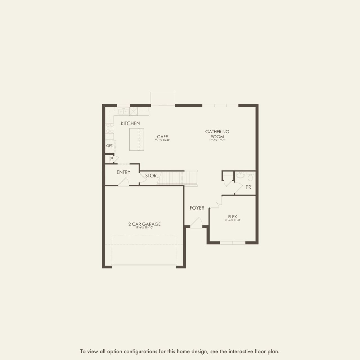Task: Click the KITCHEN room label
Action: [130, 123]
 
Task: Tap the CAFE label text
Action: [163, 137]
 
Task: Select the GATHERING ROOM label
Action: [217, 134]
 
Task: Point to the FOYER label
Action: [197, 208]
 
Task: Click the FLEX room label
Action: [233, 217]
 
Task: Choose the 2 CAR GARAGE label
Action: [144, 224]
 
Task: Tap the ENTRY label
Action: [123, 172]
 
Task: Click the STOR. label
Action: [151, 176]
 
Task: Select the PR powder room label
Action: [248, 187]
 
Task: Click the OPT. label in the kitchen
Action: [110, 146]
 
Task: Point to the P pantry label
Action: [112, 159]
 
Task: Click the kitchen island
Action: [136, 139]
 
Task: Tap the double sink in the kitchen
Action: [123, 112]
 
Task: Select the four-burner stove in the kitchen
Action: [109, 128]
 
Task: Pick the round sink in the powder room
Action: [240, 176]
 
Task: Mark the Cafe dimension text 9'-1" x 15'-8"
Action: [163, 140]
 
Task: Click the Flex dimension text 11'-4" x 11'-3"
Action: [233, 220]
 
